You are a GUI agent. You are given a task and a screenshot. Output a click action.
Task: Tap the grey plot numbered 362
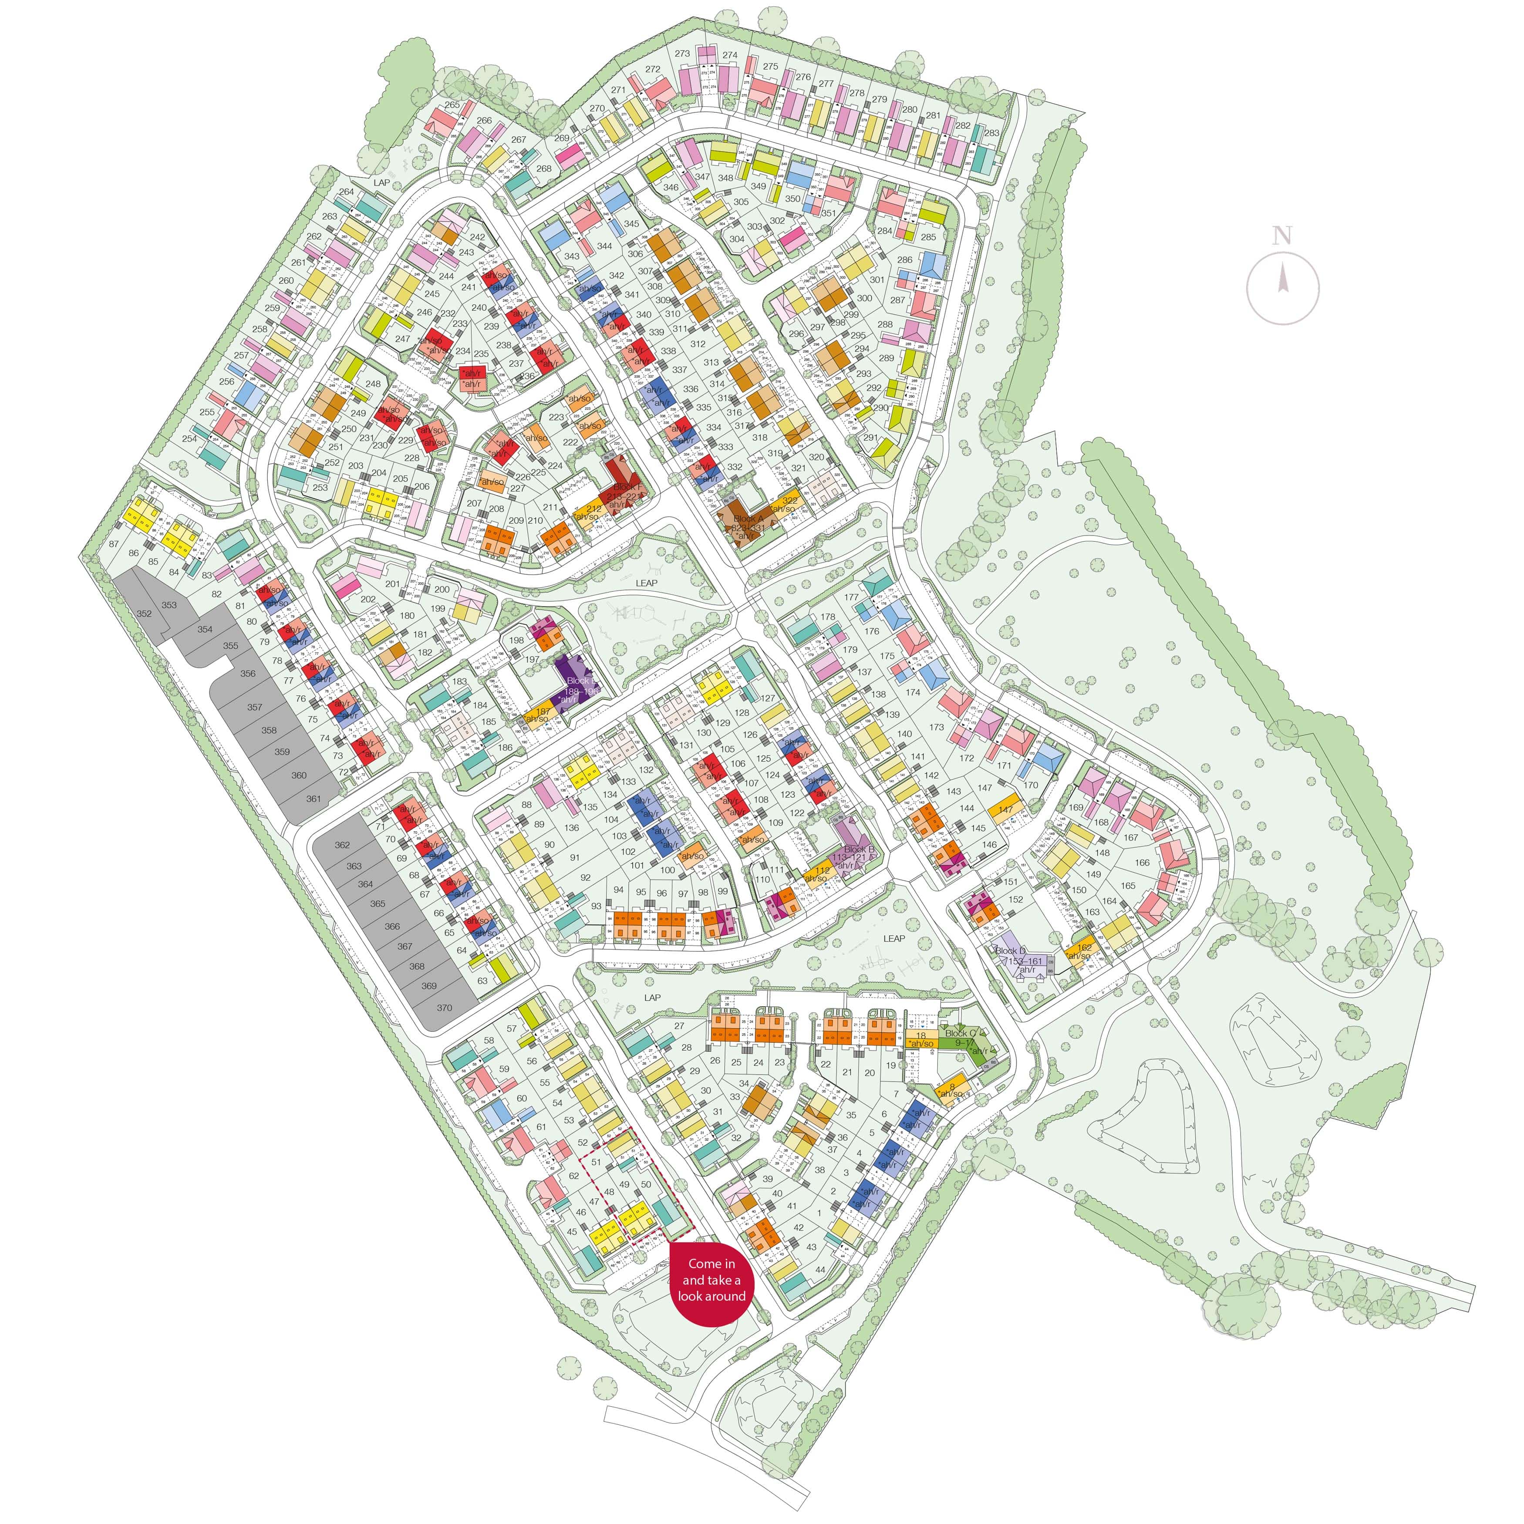(x=341, y=845)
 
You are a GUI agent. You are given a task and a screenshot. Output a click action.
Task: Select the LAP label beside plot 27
(x=651, y=998)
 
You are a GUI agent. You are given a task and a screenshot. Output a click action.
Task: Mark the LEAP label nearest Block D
(x=894, y=939)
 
